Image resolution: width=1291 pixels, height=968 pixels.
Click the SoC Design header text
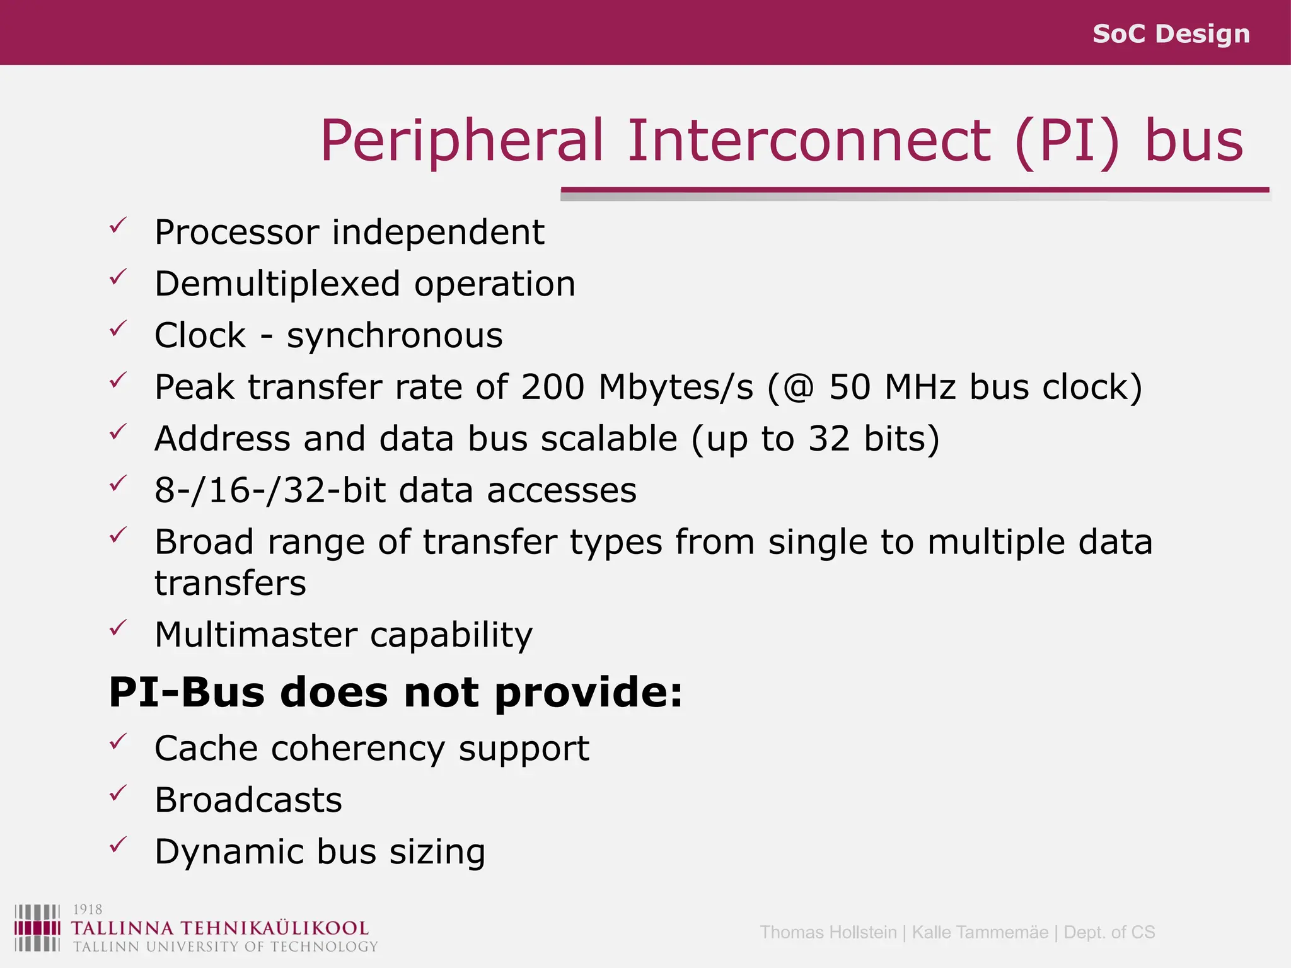[x=1171, y=33]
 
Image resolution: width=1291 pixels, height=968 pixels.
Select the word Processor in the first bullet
[x=236, y=233]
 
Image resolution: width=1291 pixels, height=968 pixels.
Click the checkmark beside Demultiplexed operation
[x=118, y=277]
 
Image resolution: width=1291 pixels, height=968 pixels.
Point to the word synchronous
[x=395, y=336]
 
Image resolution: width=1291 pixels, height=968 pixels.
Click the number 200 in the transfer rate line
[x=553, y=386]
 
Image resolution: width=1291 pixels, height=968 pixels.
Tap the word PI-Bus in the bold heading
[x=187, y=693]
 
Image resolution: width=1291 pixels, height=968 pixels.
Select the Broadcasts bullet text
[x=248, y=800]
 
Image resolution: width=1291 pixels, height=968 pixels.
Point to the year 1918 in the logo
[x=88, y=909]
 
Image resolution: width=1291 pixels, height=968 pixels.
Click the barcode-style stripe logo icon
[x=37, y=928]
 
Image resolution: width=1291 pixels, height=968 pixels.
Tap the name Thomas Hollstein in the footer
[x=828, y=932]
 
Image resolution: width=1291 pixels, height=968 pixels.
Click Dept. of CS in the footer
[x=1109, y=932]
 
